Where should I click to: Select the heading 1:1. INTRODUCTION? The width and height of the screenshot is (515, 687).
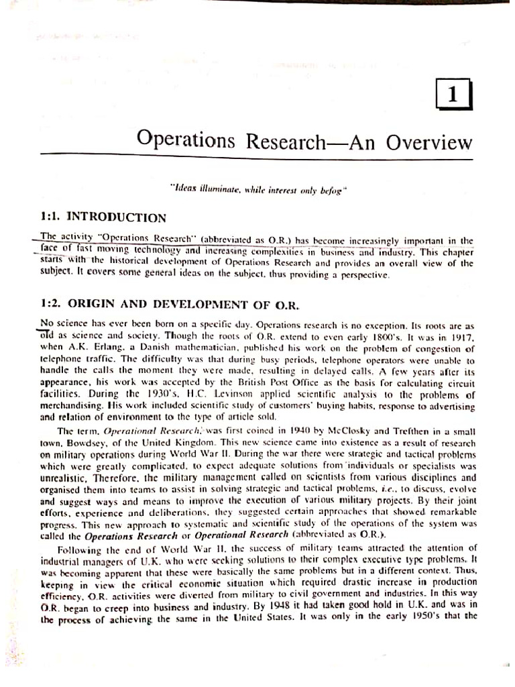click(x=103, y=217)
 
